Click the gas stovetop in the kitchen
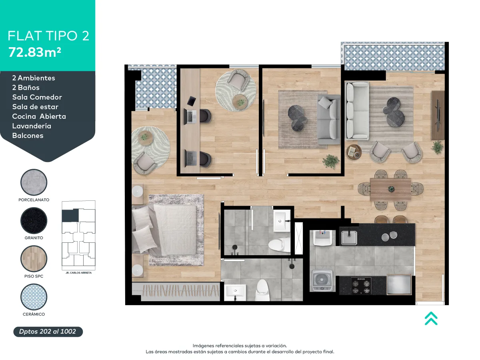click(x=361, y=286)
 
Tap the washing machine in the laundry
click(x=322, y=281)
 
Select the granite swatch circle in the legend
click(x=34, y=220)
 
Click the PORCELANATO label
click(x=34, y=200)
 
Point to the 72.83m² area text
click(x=35, y=52)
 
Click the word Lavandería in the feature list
click(x=32, y=126)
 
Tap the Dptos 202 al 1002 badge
click(x=48, y=332)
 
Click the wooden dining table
click(x=390, y=189)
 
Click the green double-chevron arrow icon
click(x=431, y=318)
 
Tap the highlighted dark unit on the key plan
click(x=70, y=215)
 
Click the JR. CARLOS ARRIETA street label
click(x=78, y=273)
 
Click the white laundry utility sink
click(x=322, y=238)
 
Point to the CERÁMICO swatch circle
click(x=34, y=297)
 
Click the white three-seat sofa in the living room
click(x=357, y=111)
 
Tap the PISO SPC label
click(x=34, y=276)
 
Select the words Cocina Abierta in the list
click(x=39, y=116)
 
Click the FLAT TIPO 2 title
click(x=48, y=36)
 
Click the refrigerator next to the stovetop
click(x=399, y=284)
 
